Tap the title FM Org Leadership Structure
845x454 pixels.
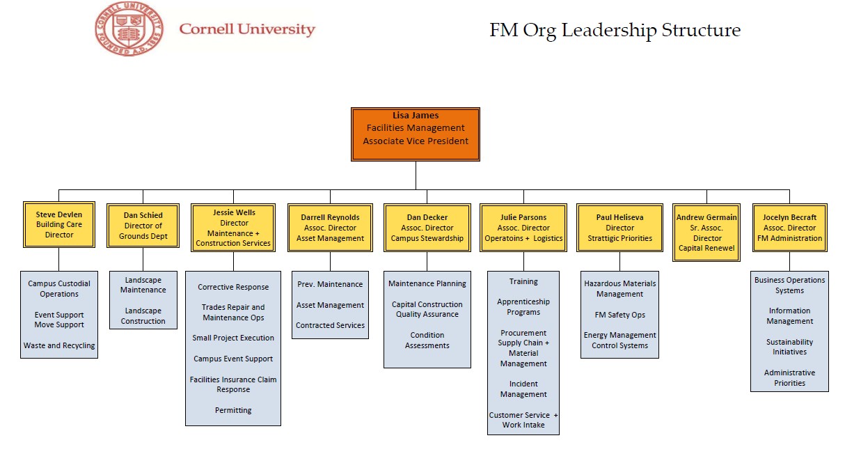pos(615,31)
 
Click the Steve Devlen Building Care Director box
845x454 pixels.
pos(58,225)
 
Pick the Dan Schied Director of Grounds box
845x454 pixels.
pos(143,226)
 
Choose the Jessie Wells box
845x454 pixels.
pos(233,228)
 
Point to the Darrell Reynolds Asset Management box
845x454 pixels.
pos(330,228)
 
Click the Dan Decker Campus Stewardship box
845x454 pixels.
pos(427,228)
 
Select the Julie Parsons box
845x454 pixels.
pos(523,228)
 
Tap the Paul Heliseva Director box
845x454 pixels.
pos(619,228)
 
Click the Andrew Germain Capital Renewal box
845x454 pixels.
pos(706,233)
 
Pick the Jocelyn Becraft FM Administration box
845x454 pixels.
pos(789,228)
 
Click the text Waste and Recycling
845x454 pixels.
pos(59,345)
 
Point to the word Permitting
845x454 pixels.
pos(233,410)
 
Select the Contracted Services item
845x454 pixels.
pos(330,325)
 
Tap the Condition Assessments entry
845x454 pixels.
pos(427,340)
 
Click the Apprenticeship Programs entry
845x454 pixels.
pos(523,307)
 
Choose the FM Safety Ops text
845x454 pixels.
pos(619,315)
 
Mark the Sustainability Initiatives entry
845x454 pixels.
pos(789,347)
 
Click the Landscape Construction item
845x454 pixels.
pos(143,316)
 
